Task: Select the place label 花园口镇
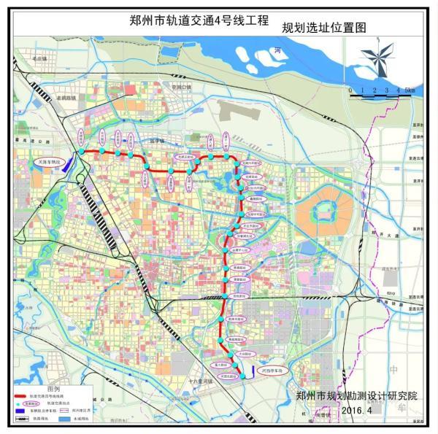click(x=180, y=86)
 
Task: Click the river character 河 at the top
click(x=277, y=50)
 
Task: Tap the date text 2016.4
click(x=356, y=411)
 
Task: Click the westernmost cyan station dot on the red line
click(x=82, y=152)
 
